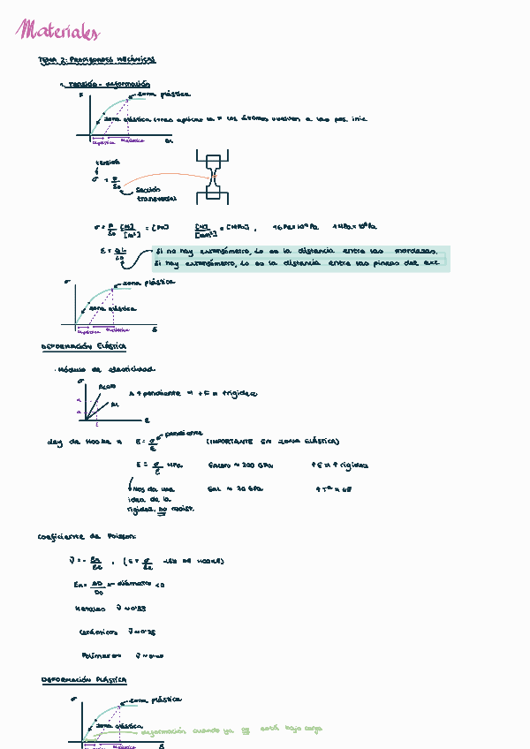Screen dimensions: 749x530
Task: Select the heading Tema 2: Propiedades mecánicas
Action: pos(97,60)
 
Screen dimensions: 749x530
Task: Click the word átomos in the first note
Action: pos(254,118)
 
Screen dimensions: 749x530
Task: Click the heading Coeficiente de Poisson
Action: pos(87,536)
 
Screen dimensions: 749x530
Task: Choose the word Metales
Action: pos(91,609)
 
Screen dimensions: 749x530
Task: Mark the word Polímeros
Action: pos(95,655)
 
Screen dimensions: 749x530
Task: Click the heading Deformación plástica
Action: pos(84,680)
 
